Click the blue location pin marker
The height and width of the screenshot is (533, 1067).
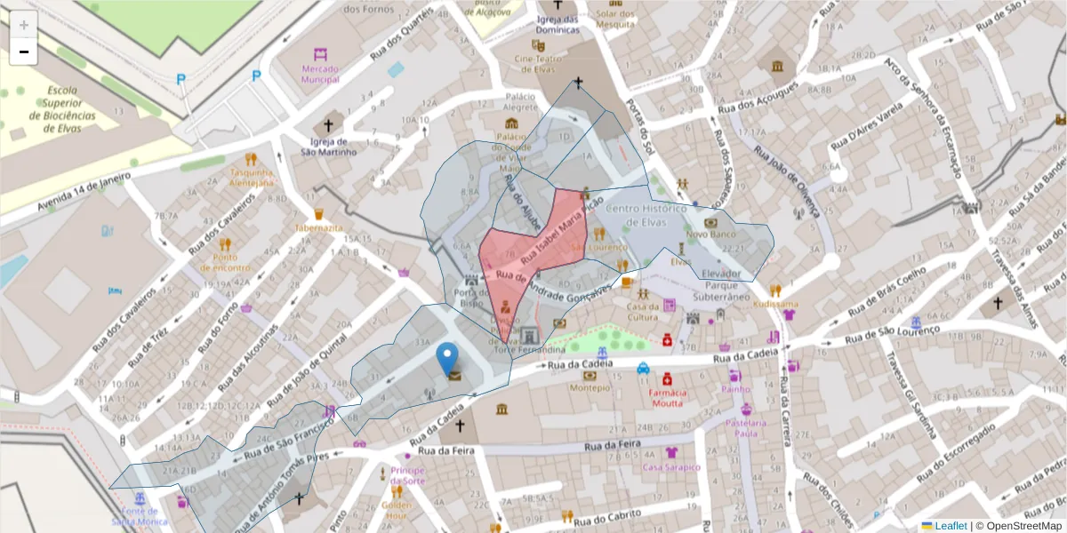tap(449, 359)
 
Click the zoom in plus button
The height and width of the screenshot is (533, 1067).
tap(23, 25)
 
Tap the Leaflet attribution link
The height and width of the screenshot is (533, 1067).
tap(951, 526)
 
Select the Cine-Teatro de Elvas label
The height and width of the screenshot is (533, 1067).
tap(535, 64)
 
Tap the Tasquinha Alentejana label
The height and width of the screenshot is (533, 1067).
tap(252, 177)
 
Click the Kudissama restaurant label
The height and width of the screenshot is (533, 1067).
tap(775, 303)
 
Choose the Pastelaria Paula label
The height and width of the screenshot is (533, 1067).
tap(745, 429)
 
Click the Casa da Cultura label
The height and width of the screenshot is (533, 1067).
tap(642, 312)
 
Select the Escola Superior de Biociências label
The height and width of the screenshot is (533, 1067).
tap(62, 109)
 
